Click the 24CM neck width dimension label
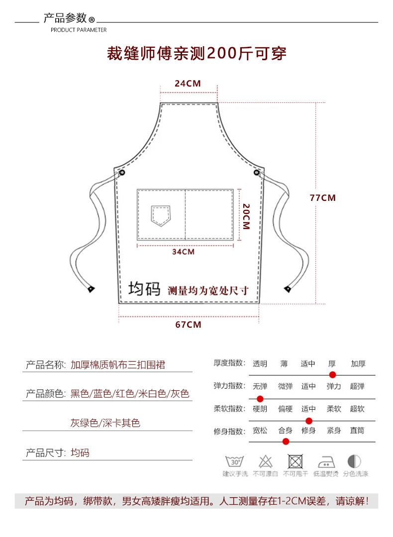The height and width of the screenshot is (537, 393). click(188, 84)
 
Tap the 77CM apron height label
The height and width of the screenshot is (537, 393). click(322, 198)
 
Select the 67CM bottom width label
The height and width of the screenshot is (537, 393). click(188, 325)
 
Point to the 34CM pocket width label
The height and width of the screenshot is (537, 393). click(183, 252)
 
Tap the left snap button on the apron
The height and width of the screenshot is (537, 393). click(122, 172)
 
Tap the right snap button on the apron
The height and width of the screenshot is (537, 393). click(257, 173)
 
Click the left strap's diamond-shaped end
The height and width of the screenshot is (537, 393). click(91, 289)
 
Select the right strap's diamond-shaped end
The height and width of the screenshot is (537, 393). click(288, 288)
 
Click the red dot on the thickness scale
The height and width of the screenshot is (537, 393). click(333, 375)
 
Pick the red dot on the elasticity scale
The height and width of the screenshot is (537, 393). click(260, 399)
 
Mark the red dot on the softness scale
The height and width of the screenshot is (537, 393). click(308, 421)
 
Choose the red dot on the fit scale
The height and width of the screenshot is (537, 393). click(286, 441)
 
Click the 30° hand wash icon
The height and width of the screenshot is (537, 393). click(235, 461)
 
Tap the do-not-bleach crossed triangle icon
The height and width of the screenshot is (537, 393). click(265, 461)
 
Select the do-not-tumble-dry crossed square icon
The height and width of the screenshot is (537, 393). click(295, 461)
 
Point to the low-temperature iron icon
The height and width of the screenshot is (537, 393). click(326, 461)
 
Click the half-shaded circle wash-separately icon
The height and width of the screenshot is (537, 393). click(355, 461)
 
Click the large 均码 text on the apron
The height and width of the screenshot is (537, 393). click(144, 289)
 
